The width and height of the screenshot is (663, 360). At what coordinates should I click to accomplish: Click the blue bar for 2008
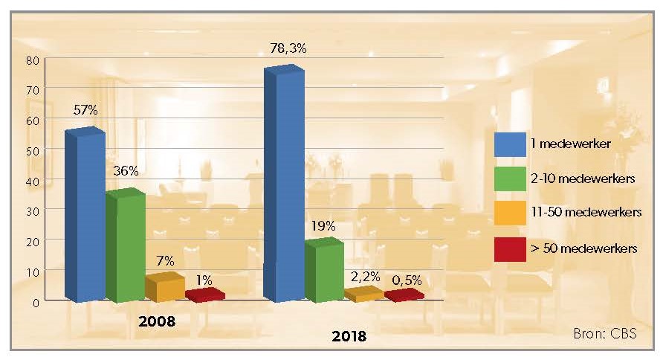(x=84, y=216)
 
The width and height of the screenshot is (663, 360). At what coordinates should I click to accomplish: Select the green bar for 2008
(x=124, y=245)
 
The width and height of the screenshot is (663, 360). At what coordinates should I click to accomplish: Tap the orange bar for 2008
(x=164, y=288)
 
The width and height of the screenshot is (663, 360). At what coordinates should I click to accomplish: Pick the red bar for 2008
(x=204, y=295)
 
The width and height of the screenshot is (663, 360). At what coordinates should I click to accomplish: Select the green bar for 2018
(x=323, y=271)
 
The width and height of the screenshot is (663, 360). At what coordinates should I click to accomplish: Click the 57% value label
(x=85, y=110)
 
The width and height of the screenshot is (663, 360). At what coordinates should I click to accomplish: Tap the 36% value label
(x=126, y=171)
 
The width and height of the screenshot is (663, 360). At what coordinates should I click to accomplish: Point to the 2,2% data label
(x=366, y=276)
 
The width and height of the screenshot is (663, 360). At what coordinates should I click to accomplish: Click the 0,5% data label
(x=406, y=280)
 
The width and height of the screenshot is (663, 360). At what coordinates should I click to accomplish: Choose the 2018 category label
(x=349, y=336)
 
